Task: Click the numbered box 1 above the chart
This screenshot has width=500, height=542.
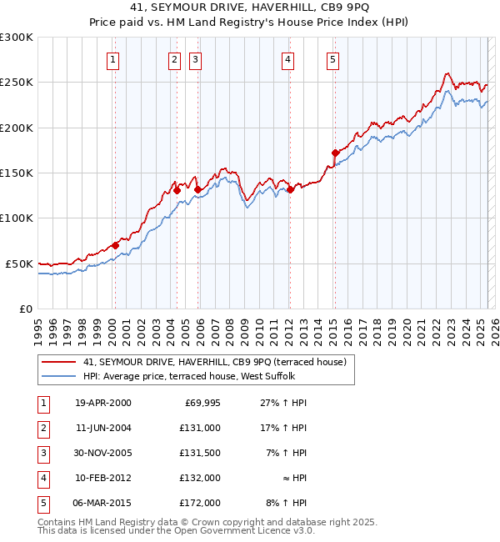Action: (x=112, y=59)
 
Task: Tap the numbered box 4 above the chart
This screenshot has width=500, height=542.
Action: (x=287, y=59)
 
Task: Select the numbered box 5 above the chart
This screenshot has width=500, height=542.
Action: (x=332, y=59)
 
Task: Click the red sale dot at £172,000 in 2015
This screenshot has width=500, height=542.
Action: (x=335, y=153)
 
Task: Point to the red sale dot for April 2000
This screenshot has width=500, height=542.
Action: (x=115, y=245)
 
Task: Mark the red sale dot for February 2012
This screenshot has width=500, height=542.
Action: (x=291, y=189)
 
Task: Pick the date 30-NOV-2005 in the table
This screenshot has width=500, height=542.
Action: (x=102, y=453)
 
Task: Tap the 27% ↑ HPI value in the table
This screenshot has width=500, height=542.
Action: (x=284, y=403)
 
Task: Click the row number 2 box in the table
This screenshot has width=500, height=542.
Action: (x=42, y=428)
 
